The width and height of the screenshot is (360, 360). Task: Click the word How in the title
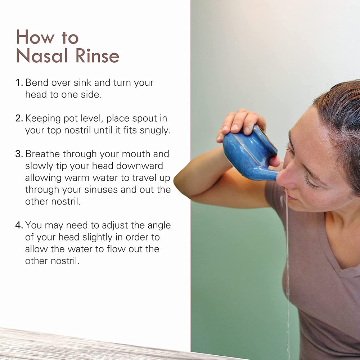click(35, 37)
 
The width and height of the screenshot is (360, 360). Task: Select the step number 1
click(19, 83)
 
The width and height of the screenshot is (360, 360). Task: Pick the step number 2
click(19, 118)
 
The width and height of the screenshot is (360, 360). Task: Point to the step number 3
click(19, 154)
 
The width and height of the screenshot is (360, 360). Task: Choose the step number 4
click(19, 225)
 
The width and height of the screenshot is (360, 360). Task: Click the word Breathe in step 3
click(42, 154)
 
